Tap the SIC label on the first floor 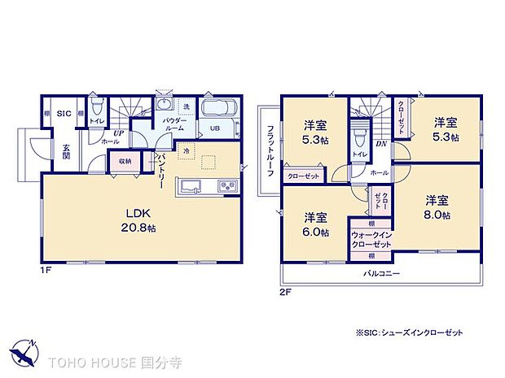[x=63, y=115]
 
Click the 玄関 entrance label [x=65, y=152]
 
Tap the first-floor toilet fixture [x=96, y=109]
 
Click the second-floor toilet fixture [x=359, y=133]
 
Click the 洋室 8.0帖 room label [x=437, y=206]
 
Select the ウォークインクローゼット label [x=371, y=239]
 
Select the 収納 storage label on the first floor [x=125, y=161]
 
